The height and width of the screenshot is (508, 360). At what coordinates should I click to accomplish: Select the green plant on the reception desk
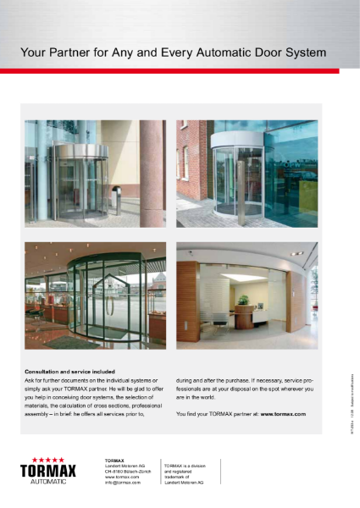tap(242, 301)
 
